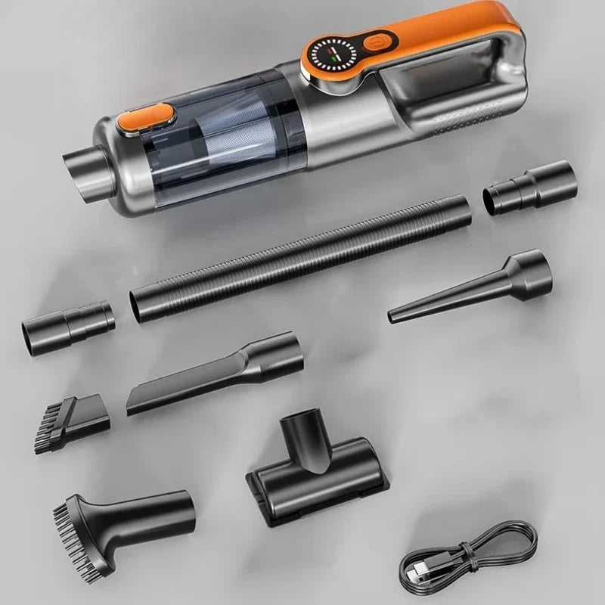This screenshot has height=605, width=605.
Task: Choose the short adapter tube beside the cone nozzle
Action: pyautogui.click(x=529, y=188)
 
